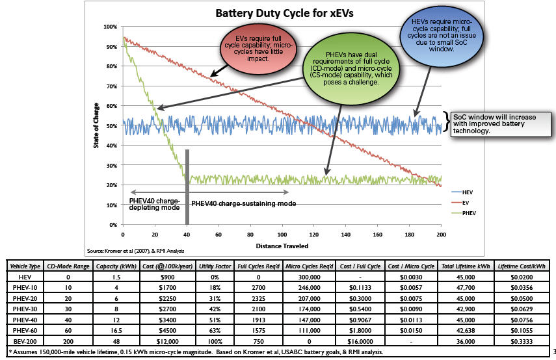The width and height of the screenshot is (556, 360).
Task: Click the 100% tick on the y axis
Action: [111, 27]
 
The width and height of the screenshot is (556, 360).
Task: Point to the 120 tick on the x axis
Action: [314, 234]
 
